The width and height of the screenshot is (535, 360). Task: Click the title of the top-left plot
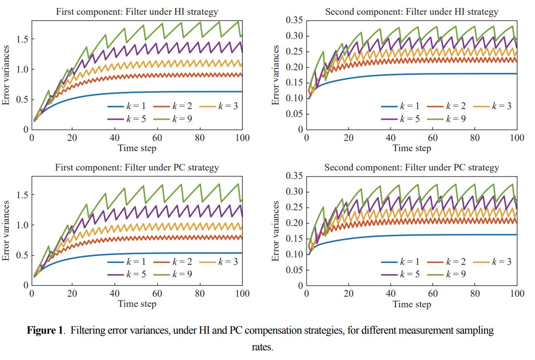coord(137,12)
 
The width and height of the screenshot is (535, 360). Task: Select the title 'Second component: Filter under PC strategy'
coord(412,167)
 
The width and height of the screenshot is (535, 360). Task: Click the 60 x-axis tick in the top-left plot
coord(158,138)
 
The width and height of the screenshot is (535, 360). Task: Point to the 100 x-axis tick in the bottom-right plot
coord(516,293)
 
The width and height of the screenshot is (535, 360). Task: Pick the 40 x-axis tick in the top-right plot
coord(391,138)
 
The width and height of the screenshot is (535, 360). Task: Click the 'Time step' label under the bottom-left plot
coord(137,304)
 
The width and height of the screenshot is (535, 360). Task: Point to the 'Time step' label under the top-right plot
coord(412,148)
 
